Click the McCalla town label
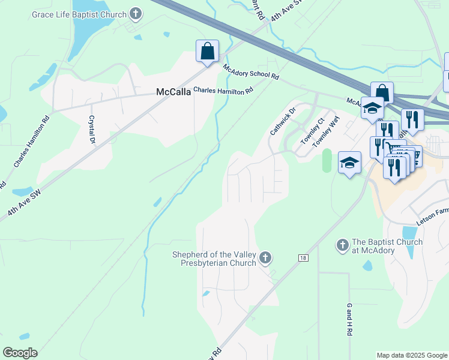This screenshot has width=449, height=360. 173,92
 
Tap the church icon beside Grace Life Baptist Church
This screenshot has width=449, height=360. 136,14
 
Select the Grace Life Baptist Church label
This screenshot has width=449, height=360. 88,14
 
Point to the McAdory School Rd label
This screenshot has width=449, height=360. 251,72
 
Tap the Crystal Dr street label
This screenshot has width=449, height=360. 92,129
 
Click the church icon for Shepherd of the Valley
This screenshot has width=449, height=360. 265,258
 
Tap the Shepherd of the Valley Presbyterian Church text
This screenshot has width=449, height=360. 214,258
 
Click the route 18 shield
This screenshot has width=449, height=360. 303,257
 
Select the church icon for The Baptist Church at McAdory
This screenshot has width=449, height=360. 342,245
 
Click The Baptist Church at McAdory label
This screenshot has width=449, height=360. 387,245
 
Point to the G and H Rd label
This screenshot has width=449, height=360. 349,319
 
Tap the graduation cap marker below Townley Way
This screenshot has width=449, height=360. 349,162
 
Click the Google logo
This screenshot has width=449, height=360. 20,353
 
